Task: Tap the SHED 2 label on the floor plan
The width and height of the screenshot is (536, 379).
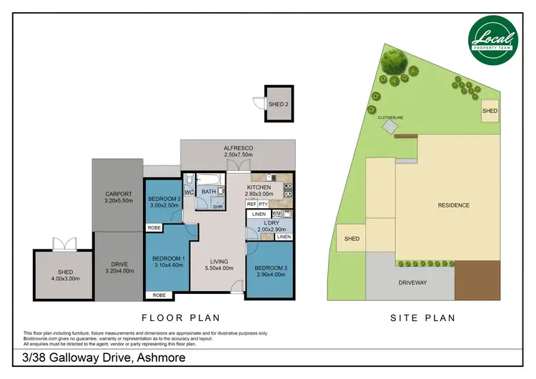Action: (277, 104)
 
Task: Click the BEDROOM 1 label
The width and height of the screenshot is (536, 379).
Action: (169, 258)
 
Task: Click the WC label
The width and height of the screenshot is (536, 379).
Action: (189, 193)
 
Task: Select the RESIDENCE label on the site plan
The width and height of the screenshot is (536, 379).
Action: (453, 206)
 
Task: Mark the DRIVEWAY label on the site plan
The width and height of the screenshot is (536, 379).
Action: (412, 283)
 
